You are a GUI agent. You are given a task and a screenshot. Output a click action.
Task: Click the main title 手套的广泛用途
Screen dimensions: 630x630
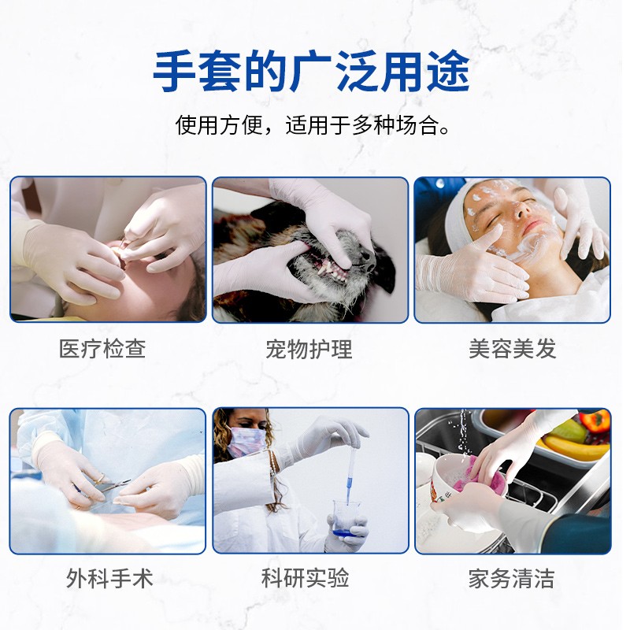311,72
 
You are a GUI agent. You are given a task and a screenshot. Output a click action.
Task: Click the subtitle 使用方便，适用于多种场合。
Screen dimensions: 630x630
312,125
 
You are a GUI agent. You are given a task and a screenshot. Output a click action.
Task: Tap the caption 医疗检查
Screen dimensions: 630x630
102,348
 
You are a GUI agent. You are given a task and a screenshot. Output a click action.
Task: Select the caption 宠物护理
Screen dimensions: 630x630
309,349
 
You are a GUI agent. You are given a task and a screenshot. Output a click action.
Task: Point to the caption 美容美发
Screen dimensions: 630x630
513,348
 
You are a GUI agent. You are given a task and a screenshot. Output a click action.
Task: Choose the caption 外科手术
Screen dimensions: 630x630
109,579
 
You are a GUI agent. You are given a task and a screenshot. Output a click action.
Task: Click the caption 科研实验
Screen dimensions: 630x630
305,578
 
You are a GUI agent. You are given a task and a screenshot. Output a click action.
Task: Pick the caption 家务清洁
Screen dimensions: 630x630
511,579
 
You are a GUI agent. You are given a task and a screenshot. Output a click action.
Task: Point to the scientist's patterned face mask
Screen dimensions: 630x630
246,441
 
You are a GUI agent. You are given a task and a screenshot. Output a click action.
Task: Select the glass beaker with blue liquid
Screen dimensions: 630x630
345,518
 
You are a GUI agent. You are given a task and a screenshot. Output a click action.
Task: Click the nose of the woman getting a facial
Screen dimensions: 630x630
520,208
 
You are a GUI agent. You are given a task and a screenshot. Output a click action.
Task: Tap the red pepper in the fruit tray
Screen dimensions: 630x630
596,421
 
